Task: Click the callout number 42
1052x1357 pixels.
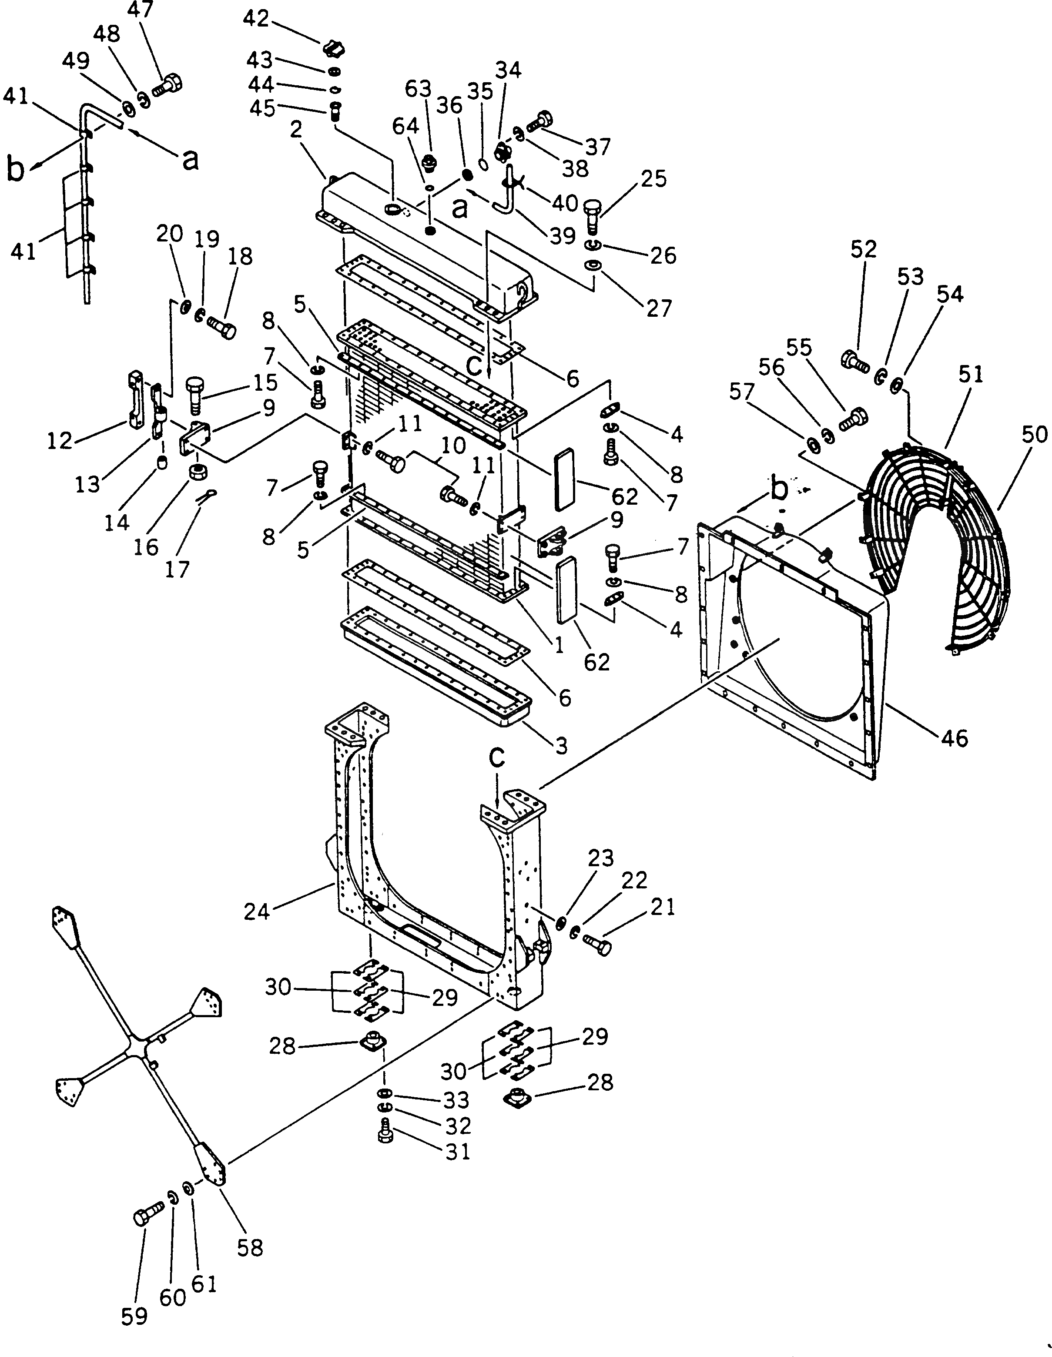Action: coord(255,19)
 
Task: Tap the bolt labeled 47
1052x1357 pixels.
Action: coord(167,85)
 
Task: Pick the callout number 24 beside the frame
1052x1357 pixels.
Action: coord(257,911)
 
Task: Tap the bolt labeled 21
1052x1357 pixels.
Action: coord(597,946)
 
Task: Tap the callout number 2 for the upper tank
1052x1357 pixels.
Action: coord(296,130)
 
